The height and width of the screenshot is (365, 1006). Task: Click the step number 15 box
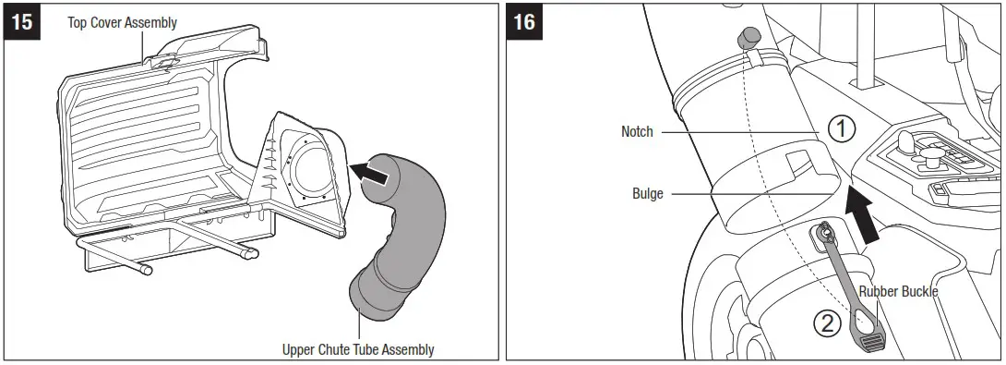(x=22, y=22)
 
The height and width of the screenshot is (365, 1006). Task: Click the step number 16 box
(x=524, y=22)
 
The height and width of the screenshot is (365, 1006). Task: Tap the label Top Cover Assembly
(x=122, y=22)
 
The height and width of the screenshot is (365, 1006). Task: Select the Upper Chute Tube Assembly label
(x=358, y=349)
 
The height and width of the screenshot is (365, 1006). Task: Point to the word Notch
(x=637, y=132)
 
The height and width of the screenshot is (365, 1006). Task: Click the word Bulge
(x=647, y=194)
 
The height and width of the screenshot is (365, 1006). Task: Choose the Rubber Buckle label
(x=898, y=292)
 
